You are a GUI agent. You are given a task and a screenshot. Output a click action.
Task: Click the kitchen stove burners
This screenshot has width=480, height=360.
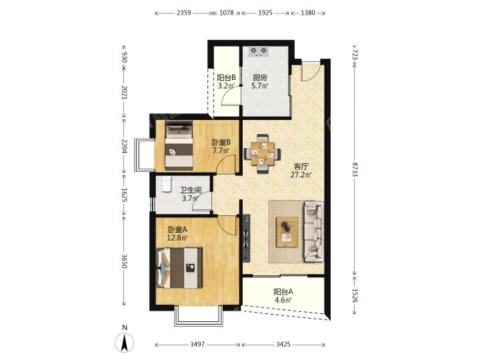tap(259, 51)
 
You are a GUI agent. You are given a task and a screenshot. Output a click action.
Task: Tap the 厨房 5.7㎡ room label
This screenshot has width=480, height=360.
tap(260, 82)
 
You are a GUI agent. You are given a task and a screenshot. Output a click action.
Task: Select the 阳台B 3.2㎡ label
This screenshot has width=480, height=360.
tap(226, 82)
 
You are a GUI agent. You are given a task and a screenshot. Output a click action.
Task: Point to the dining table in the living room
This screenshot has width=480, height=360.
tap(263, 154)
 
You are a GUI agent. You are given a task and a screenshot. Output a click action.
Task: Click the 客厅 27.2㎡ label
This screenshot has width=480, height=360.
tap(301, 171)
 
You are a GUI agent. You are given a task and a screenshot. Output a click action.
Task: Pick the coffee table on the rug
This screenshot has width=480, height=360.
tap(287, 232)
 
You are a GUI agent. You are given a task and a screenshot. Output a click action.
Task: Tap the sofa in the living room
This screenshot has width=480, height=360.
tap(313, 231)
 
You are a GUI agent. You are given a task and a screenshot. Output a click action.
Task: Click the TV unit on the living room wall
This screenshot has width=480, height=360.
tap(247, 238)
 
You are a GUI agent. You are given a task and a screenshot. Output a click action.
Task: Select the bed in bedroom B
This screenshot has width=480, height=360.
tap(179, 145)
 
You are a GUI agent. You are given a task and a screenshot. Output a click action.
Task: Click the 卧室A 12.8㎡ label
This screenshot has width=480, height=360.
tap(177, 233)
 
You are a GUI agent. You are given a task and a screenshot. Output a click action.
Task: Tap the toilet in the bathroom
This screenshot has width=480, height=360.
tap(167, 184)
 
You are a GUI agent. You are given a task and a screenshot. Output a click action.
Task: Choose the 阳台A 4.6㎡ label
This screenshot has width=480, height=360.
tap(283, 296)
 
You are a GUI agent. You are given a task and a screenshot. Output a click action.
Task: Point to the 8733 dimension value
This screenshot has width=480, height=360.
tap(355, 169)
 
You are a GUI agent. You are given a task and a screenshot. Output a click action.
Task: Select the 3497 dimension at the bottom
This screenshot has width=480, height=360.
tap(197, 345)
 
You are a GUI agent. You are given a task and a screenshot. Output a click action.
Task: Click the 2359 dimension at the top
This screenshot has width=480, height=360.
tap(184, 13)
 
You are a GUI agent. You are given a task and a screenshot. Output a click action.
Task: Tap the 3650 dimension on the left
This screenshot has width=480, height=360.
tap(124, 261)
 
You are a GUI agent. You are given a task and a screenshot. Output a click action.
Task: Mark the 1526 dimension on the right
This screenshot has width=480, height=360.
tap(355, 296)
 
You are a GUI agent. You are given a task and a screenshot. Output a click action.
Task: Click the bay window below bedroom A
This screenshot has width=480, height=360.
tap(199, 315)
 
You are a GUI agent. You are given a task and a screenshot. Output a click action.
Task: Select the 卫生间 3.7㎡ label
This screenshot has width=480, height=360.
tap(191, 195)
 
